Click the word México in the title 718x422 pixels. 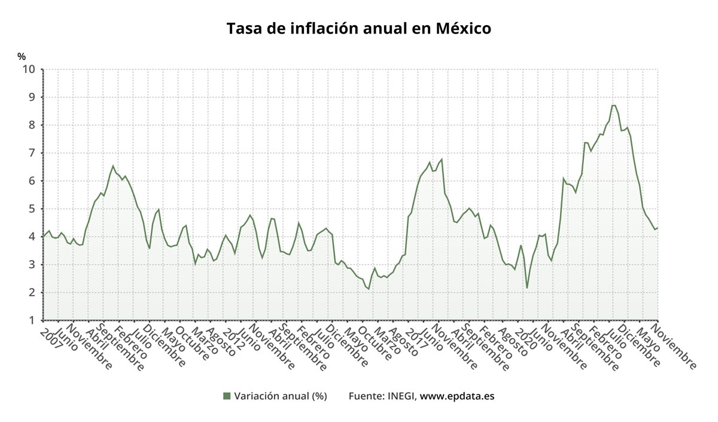point(463,28)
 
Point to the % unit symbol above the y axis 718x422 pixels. point(22,57)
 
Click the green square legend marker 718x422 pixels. point(226,396)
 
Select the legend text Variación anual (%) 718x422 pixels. point(280,396)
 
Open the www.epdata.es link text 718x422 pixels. point(457,396)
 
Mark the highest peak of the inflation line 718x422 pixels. point(613,105)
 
